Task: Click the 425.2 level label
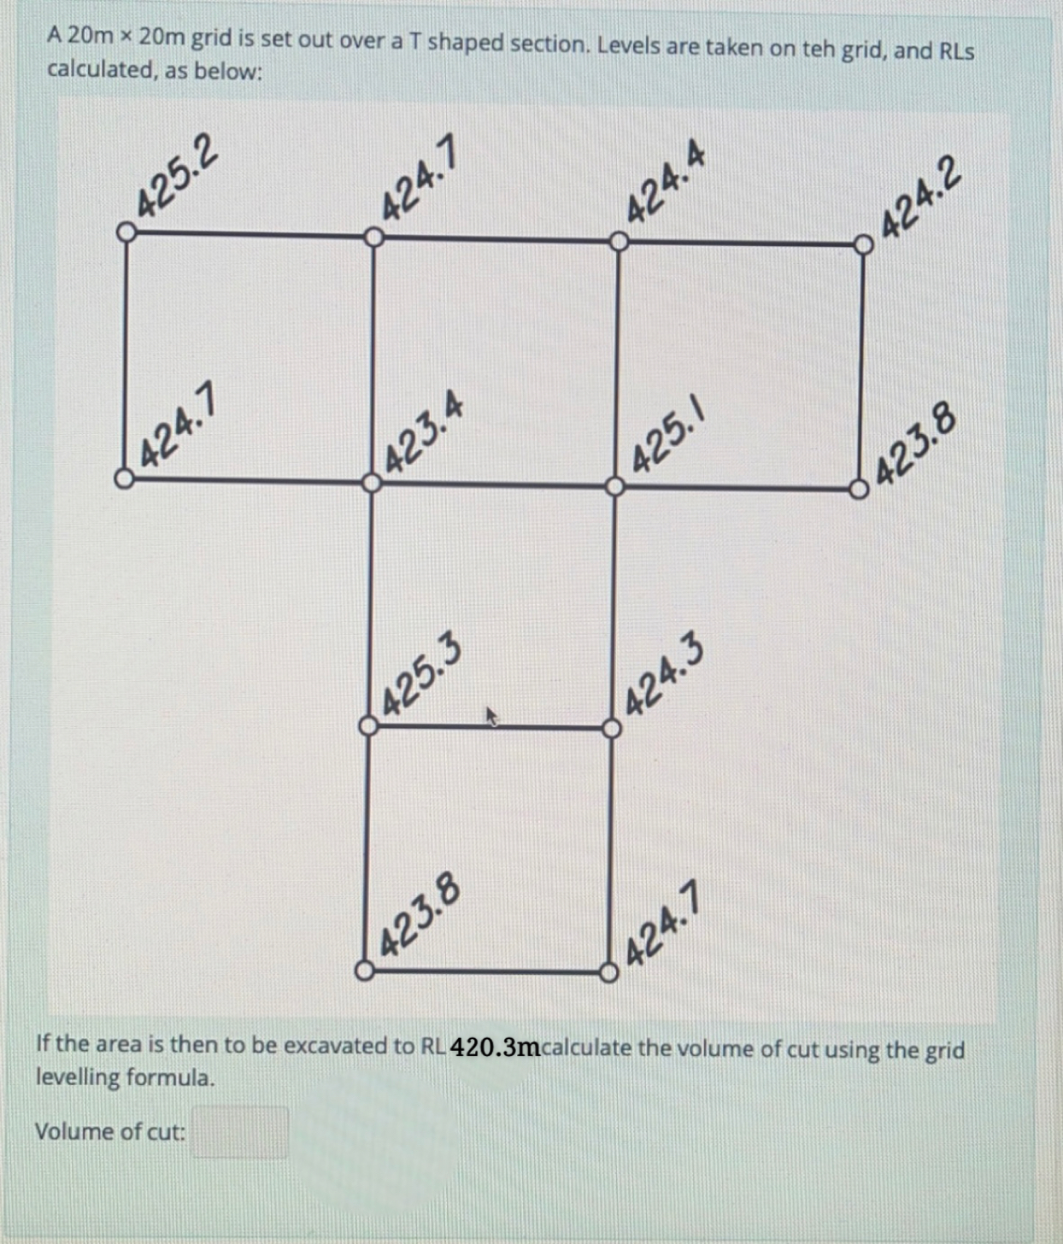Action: (x=178, y=175)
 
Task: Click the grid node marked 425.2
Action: (x=126, y=232)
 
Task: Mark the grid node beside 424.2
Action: (x=864, y=245)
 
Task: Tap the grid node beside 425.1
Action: (x=615, y=486)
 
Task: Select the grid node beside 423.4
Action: (x=371, y=484)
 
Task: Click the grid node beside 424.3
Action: (x=612, y=728)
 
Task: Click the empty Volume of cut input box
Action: (x=239, y=1132)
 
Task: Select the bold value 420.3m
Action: (x=494, y=1047)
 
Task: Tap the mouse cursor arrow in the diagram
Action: (x=491, y=716)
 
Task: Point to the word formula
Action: (x=170, y=1077)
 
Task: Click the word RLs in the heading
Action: (x=956, y=51)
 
